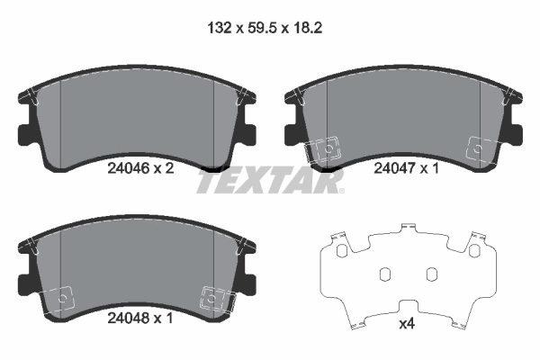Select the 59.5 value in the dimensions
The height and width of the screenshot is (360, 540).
(255, 29)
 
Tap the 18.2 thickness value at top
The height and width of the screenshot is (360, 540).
(305, 29)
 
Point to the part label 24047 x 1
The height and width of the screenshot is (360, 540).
(406, 167)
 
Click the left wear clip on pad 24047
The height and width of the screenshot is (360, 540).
(322, 149)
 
